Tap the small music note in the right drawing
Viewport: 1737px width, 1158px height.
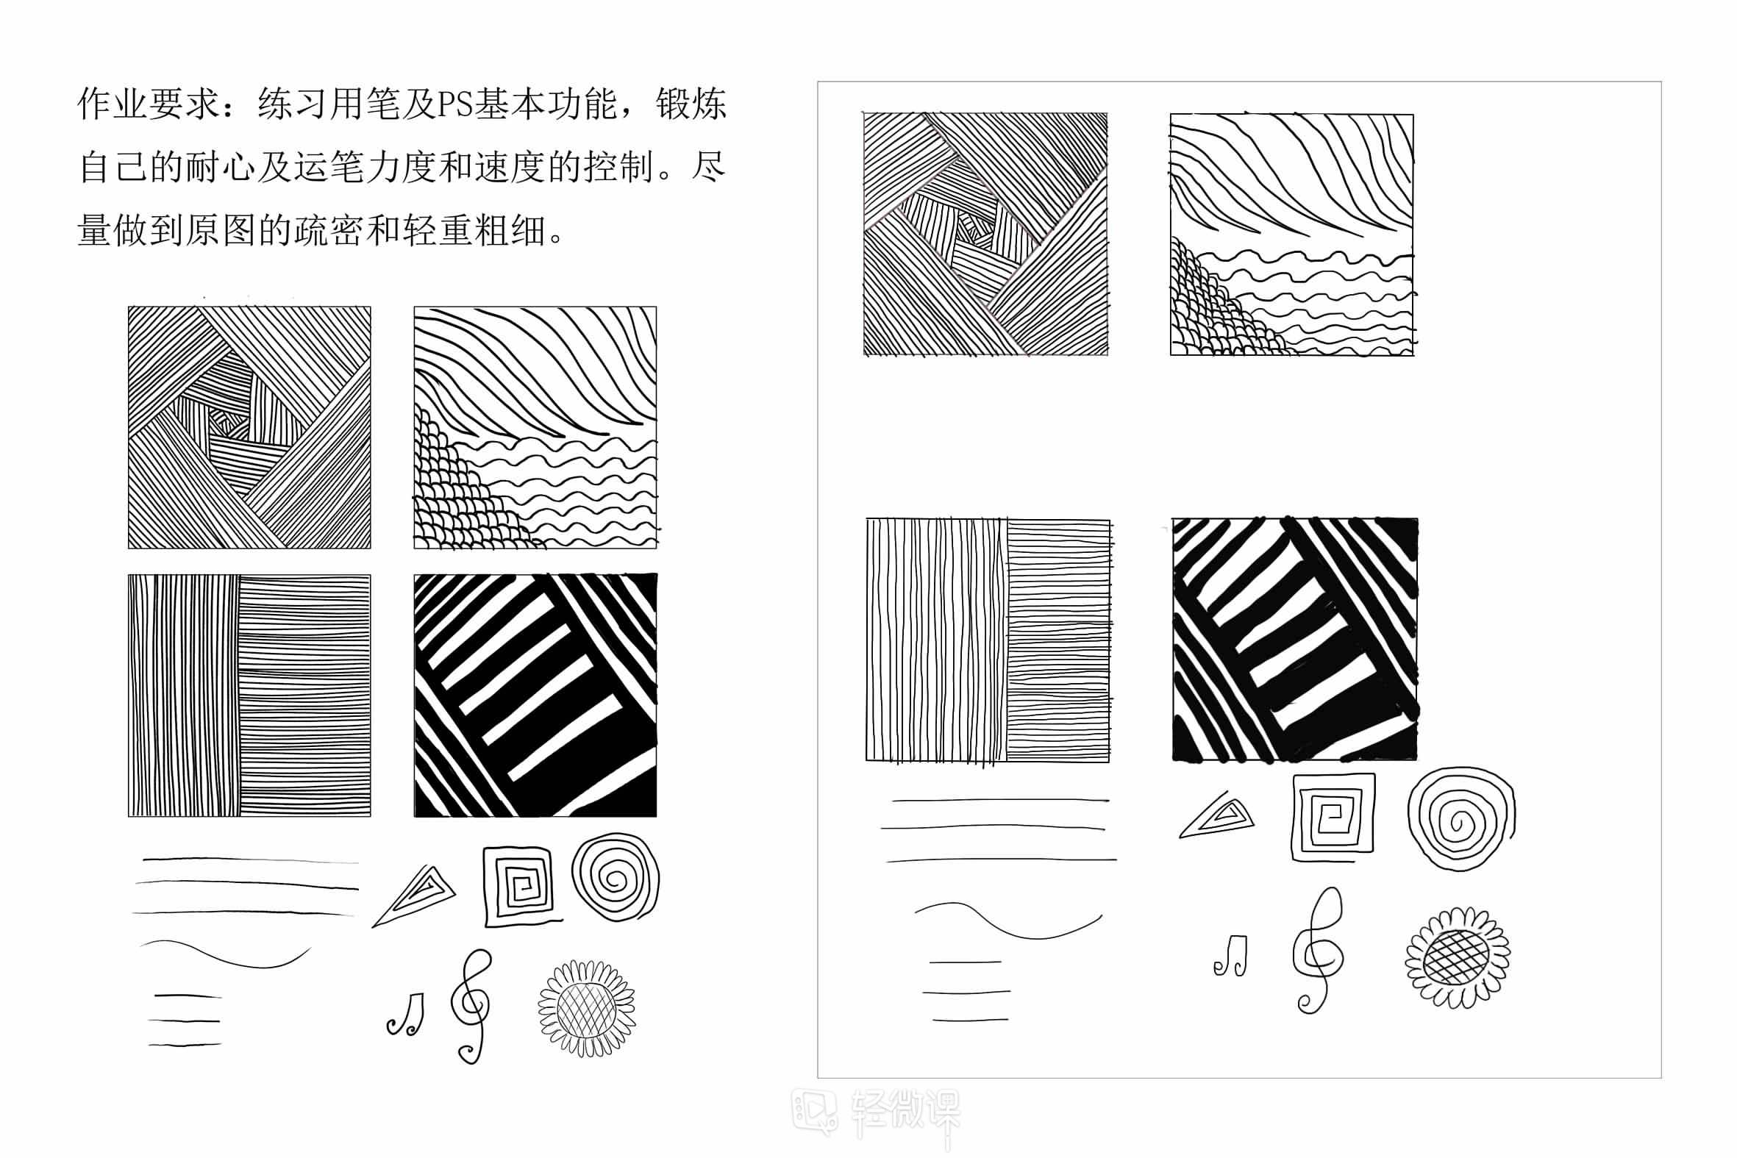pos(1231,956)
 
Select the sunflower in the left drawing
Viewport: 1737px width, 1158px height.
pos(587,1008)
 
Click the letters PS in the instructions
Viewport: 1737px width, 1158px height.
pos(455,104)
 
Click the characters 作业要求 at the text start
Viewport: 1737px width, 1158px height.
pos(149,104)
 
